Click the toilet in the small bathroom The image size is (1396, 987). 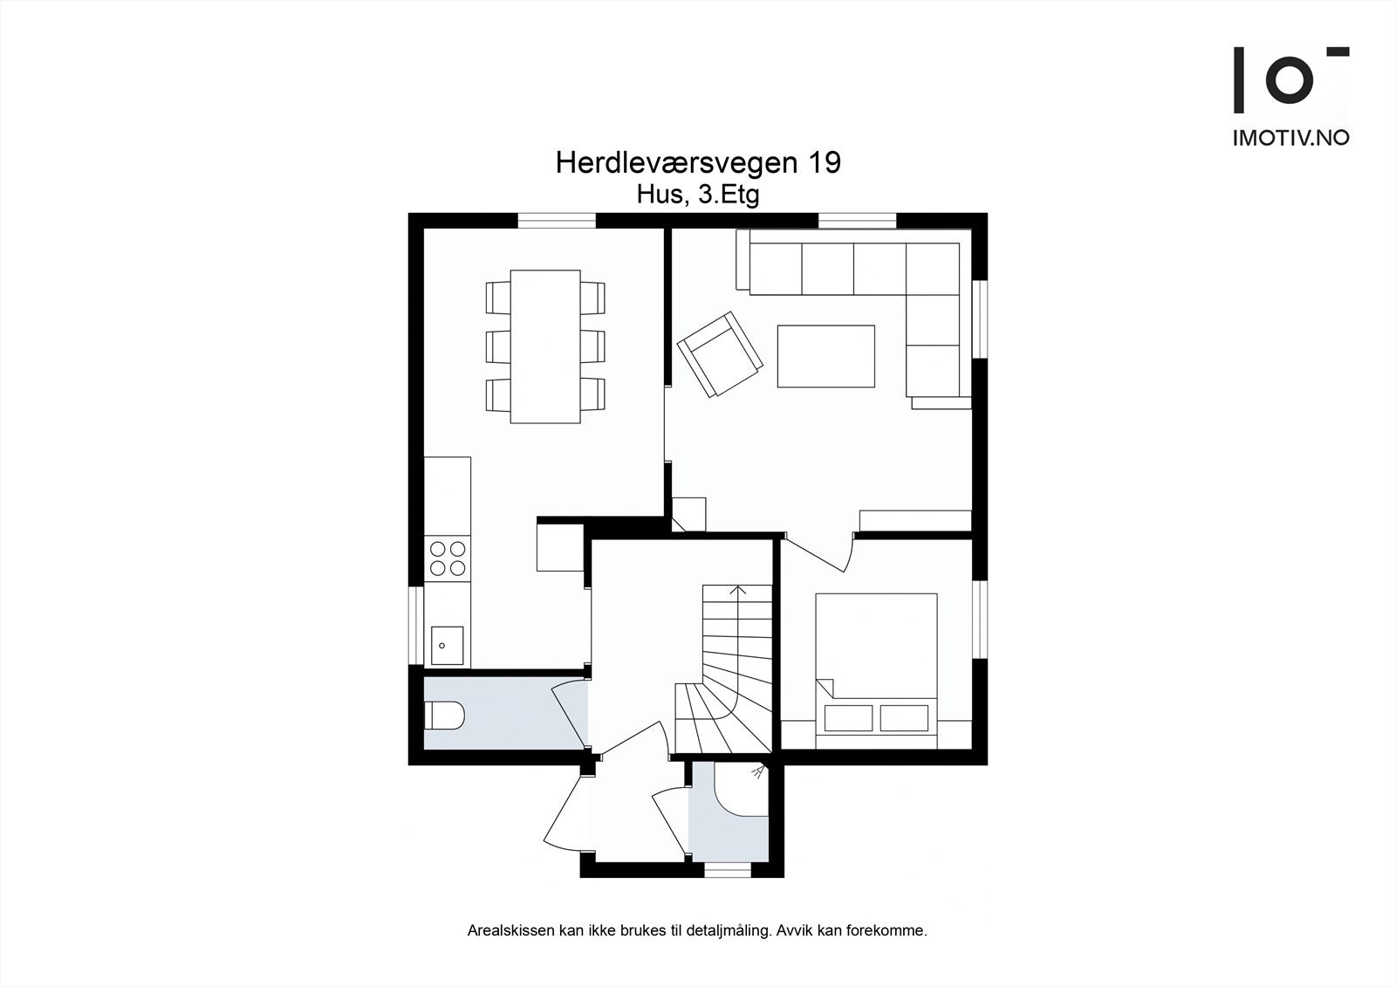(x=444, y=716)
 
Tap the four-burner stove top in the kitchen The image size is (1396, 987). (x=447, y=559)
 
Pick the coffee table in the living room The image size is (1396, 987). (x=825, y=356)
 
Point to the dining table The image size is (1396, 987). (x=545, y=346)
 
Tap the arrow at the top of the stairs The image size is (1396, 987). (x=739, y=590)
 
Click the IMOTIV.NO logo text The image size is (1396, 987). (x=1290, y=137)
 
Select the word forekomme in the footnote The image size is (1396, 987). (x=893, y=931)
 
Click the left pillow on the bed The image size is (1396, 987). (x=848, y=717)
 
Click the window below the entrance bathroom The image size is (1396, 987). (x=728, y=869)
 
